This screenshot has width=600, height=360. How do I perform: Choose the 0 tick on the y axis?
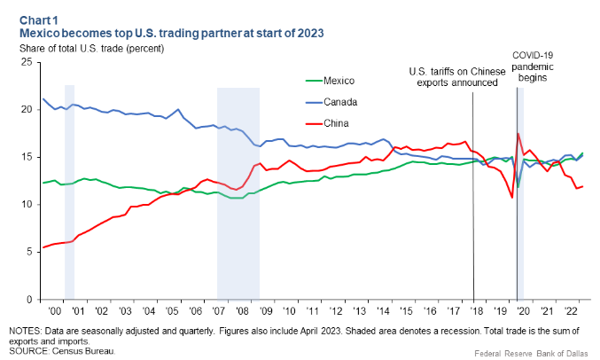click(x=28, y=299)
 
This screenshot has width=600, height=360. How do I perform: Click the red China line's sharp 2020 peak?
click(x=518, y=134)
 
